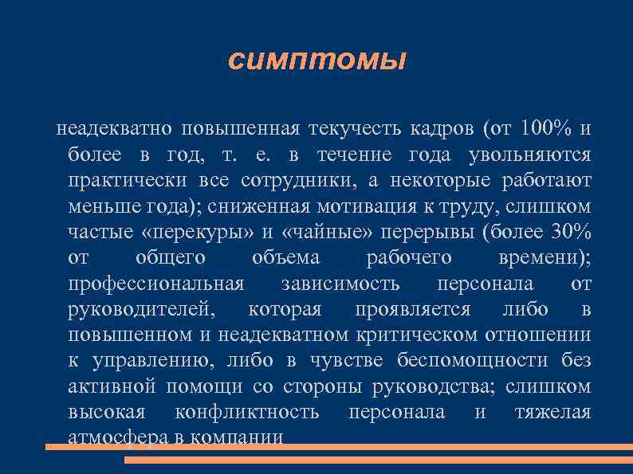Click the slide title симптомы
[x=316, y=61]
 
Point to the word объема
[x=285, y=258]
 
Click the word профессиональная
[x=155, y=284]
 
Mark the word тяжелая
[x=552, y=412]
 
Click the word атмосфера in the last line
[x=117, y=437]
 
